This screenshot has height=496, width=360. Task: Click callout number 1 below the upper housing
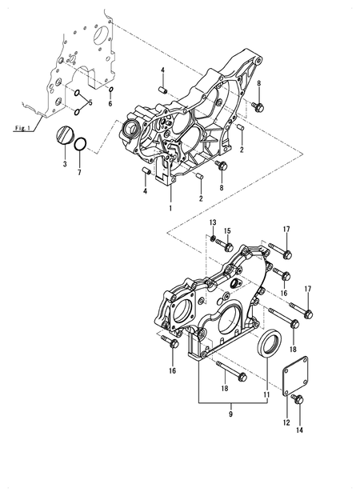click(170, 207)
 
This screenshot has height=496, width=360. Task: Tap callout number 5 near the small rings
click(90, 102)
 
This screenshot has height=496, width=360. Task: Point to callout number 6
click(111, 104)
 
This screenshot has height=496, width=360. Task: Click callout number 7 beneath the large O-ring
click(78, 173)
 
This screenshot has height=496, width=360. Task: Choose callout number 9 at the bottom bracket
click(231, 414)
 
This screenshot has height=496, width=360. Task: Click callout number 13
click(213, 222)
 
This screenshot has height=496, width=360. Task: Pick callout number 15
click(227, 231)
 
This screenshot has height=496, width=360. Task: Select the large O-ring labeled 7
click(80, 145)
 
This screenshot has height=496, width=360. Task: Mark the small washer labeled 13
click(214, 238)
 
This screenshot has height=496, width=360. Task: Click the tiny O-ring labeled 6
click(111, 89)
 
